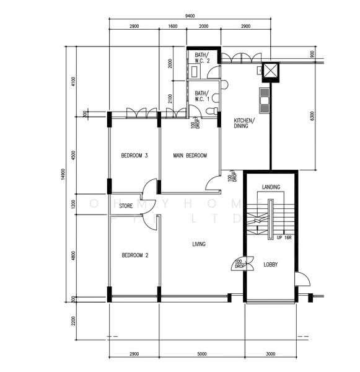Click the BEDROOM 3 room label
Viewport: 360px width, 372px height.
coord(134,156)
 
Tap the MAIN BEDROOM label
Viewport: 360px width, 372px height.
coord(190,156)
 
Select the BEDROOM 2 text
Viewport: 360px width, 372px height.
coord(134,255)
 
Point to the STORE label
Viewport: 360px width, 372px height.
coord(126,206)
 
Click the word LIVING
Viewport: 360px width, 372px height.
coord(198,244)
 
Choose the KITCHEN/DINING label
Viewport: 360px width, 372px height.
coord(242,123)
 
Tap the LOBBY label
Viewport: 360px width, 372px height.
coord(270,264)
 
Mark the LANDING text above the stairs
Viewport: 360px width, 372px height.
coord(271,187)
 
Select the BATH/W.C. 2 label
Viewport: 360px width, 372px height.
coord(203,58)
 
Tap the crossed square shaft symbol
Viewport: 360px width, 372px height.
coord(271,73)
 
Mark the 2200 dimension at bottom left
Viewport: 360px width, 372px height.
coord(72,321)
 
